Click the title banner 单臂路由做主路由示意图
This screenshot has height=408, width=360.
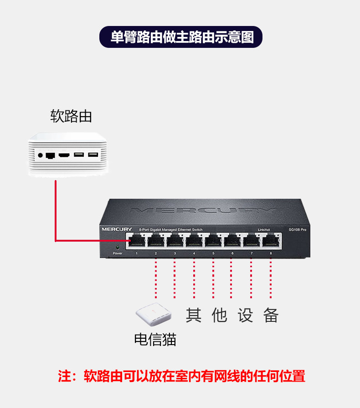pos(181,37)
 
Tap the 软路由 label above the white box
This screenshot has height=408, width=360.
pos(71,116)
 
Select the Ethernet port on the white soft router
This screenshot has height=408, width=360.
pos(51,155)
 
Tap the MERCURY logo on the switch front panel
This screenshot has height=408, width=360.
pos(117,229)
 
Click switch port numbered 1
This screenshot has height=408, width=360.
pos(136,240)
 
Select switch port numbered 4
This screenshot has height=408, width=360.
pos(194,240)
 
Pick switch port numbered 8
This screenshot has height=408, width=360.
pos(271,240)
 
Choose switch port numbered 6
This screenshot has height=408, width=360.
pos(232,240)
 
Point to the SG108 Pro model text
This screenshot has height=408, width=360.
pos(297,229)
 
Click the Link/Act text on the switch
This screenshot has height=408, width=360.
pos(264,229)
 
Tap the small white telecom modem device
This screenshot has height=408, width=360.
pos(153,315)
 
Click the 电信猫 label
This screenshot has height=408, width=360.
pos(155,339)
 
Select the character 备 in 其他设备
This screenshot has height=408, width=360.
pos(271,315)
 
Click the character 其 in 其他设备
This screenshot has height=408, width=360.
pos(194,315)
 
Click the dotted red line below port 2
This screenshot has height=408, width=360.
pos(155,278)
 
